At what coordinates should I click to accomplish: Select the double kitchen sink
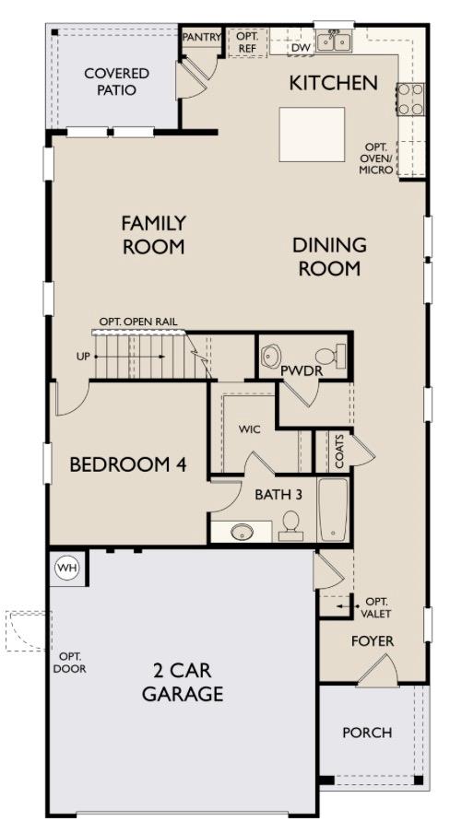(332, 42)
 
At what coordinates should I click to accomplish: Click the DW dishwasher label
(301, 47)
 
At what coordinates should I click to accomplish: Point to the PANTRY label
(200, 36)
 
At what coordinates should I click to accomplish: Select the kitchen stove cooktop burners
(410, 99)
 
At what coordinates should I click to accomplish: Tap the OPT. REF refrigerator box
(247, 42)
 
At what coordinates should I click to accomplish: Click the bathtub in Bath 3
(333, 510)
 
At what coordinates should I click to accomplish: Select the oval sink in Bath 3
(242, 532)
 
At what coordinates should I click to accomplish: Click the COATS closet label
(340, 452)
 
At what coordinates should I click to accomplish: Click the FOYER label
(373, 640)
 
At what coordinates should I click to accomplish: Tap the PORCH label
(367, 733)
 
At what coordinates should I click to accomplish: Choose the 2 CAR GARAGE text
(183, 682)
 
